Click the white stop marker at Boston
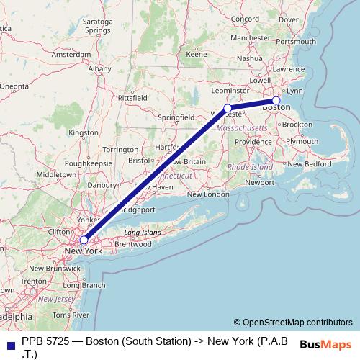(x=276, y=100)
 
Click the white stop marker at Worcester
(x=228, y=108)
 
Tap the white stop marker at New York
(x=84, y=240)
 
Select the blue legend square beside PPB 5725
(x=8, y=343)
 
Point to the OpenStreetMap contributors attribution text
(x=293, y=323)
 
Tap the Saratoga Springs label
(x=97, y=27)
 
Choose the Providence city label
(x=253, y=142)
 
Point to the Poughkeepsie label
(x=89, y=163)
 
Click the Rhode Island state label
(x=250, y=166)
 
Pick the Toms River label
(x=70, y=315)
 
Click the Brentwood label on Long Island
(x=132, y=244)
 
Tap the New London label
(x=208, y=194)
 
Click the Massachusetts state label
(x=242, y=127)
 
